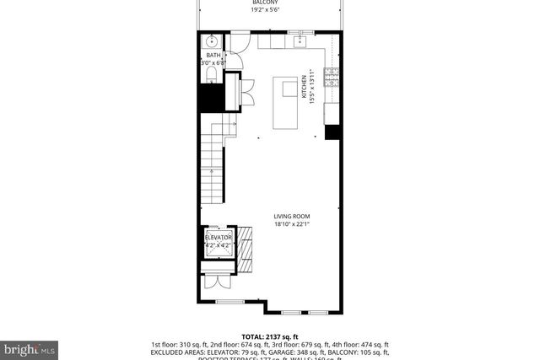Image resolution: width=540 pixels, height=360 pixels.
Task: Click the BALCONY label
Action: click(264, 3)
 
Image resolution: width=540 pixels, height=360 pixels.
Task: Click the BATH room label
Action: click(213, 55)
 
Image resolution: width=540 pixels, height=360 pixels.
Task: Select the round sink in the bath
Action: click(211, 40)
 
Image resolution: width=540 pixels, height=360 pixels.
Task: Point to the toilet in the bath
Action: click(210, 76)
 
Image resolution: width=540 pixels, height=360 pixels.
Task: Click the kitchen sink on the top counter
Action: click(299, 39)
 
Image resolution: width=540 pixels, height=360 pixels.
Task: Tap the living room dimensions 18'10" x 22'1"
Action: click(292, 224)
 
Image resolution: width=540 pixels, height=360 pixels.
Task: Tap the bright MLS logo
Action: click(30, 347)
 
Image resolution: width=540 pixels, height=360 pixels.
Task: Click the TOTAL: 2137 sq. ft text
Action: click(269, 335)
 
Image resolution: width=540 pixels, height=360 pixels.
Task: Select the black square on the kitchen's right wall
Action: click(332, 132)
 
